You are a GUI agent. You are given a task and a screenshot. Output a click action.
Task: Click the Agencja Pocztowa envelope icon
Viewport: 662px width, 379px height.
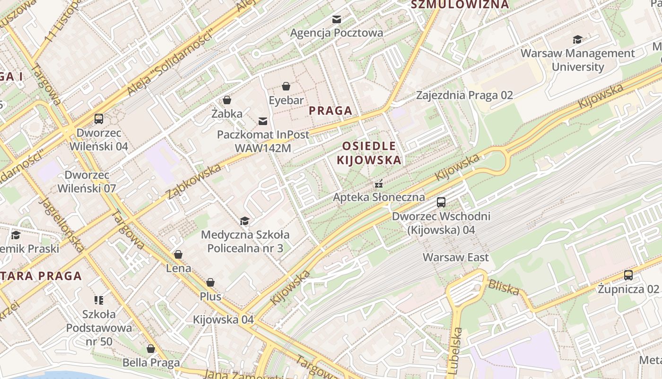[x=337, y=19]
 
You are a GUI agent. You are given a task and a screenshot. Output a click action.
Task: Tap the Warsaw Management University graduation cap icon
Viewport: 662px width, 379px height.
[x=577, y=40]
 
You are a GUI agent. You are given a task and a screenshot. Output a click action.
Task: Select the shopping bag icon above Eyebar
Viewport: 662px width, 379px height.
[x=286, y=86]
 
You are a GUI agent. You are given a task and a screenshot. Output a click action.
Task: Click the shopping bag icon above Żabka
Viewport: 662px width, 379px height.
[x=227, y=100]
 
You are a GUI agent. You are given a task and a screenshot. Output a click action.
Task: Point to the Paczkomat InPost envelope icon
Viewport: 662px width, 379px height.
[x=262, y=122]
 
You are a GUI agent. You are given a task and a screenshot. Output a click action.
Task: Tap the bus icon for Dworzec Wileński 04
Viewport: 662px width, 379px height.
[x=99, y=119]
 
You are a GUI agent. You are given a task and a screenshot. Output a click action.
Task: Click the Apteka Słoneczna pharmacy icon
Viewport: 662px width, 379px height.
[x=378, y=184]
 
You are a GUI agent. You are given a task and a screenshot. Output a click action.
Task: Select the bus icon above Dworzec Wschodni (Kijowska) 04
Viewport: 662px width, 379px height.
[x=441, y=202]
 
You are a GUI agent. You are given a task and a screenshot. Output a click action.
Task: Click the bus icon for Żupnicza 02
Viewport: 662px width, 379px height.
[x=628, y=275]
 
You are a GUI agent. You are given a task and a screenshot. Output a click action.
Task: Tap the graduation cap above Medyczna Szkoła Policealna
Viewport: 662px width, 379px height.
[x=244, y=221]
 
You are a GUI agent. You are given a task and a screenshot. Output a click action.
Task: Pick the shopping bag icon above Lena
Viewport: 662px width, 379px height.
[x=178, y=255]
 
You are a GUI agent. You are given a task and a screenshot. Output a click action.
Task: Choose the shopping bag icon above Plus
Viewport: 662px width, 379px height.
[x=210, y=283]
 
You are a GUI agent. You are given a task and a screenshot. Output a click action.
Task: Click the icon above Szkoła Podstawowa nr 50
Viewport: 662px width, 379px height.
[x=99, y=300]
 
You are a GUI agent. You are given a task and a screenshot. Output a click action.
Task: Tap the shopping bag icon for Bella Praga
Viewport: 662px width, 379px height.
[x=151, y=349]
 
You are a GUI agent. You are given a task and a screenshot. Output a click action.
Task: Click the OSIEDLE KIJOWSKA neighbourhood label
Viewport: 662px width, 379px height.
[x=369, y=153]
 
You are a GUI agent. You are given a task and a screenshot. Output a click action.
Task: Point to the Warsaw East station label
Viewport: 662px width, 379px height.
[x=455, y=258]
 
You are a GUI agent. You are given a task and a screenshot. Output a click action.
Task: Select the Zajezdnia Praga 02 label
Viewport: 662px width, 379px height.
[x=464, y=95]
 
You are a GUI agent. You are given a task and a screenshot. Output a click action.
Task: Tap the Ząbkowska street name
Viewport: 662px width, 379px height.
[x=193, y=181]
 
